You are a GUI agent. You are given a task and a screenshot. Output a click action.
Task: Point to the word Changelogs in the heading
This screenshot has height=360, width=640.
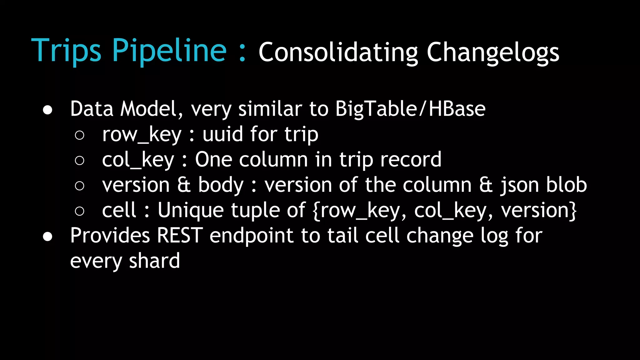(493, 52)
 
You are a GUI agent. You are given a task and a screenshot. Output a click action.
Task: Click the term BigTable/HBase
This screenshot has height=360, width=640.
(410, 109)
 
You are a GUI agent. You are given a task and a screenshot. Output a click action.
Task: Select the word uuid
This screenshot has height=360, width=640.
(222, 134)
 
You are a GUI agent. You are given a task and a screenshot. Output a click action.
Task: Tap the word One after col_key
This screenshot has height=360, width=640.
(213, 160)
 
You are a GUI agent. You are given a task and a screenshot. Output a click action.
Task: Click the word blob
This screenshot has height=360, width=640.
(567, 185)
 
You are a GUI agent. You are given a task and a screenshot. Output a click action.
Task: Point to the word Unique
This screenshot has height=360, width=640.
(191, 210)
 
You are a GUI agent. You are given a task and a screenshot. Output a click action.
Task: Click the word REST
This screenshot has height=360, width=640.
(180, 235)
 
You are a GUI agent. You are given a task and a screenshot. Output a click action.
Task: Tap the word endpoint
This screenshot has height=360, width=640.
(251, 236)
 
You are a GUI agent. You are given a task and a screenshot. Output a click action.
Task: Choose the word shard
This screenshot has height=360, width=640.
(154, 261)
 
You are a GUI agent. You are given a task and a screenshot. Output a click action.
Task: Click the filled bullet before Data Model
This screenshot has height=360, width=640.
(47, 110)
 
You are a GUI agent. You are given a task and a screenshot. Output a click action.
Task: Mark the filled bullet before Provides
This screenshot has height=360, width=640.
(47, 237)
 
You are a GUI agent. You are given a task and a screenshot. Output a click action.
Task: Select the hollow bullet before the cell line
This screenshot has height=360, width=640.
(80, 211)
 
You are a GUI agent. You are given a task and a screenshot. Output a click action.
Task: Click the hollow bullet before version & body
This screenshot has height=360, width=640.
(80, 186)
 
